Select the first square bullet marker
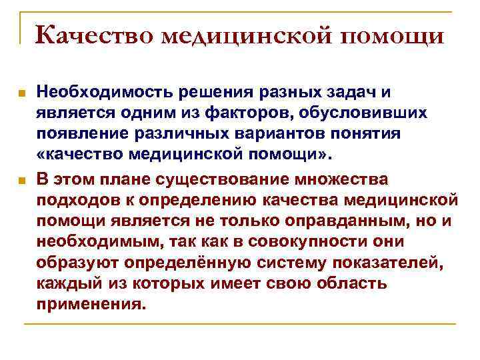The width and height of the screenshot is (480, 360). pyautogui.click(x=22, y=95)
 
